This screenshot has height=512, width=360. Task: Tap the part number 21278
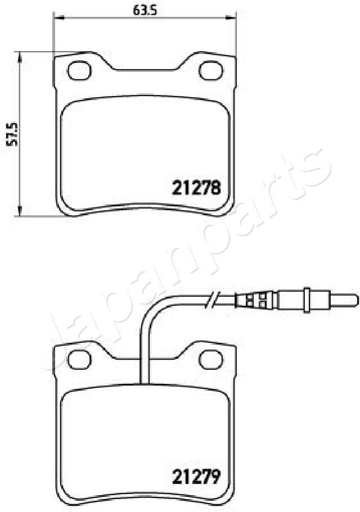tap(195, 187)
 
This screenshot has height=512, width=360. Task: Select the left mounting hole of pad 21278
tap(79, 70)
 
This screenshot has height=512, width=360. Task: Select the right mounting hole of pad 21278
tap(211, 71)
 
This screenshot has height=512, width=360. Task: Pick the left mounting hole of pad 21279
tap(79, 357)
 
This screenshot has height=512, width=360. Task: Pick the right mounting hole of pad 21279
tap(211, 357)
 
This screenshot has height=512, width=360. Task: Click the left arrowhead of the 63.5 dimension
tap(57, 18)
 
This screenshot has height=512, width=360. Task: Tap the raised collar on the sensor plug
tap(307, 298)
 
